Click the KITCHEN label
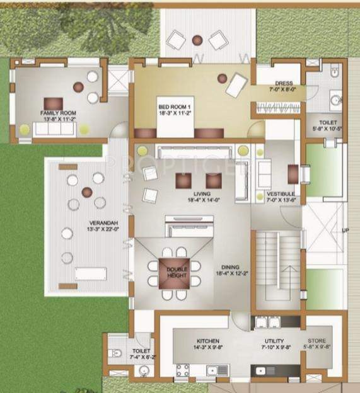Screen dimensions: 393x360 point(207,340)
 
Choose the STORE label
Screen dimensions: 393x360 point(316,340)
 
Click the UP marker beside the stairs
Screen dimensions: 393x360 point(344,231)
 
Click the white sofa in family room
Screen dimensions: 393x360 point(55,128)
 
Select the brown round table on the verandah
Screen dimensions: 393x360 point(87,191)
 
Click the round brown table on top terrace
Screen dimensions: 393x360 point(197,40)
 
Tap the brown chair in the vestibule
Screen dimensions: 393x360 point(293,173)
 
